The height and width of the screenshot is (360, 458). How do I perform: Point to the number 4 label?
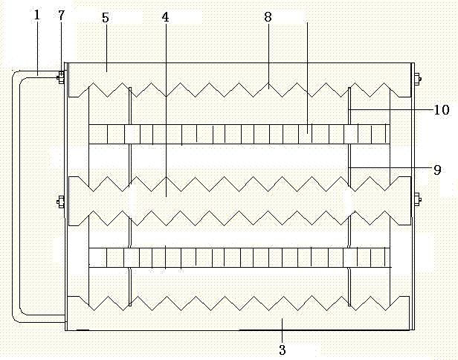[x=165, y=16]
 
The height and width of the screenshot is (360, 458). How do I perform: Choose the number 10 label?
[x=441, y=110]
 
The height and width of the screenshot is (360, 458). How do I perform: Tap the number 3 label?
[x=282, y=348]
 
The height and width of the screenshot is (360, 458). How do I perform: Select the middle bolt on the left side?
[x=60, y=200]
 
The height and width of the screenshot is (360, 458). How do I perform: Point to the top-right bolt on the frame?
[x=419, y=77]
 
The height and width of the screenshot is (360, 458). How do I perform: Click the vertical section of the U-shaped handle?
[x=16, y=197]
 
